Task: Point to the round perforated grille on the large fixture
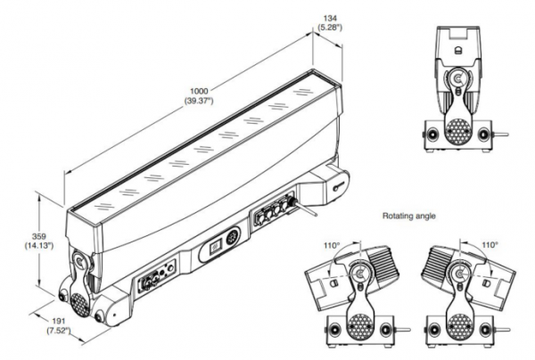click(x=79, y=301)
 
